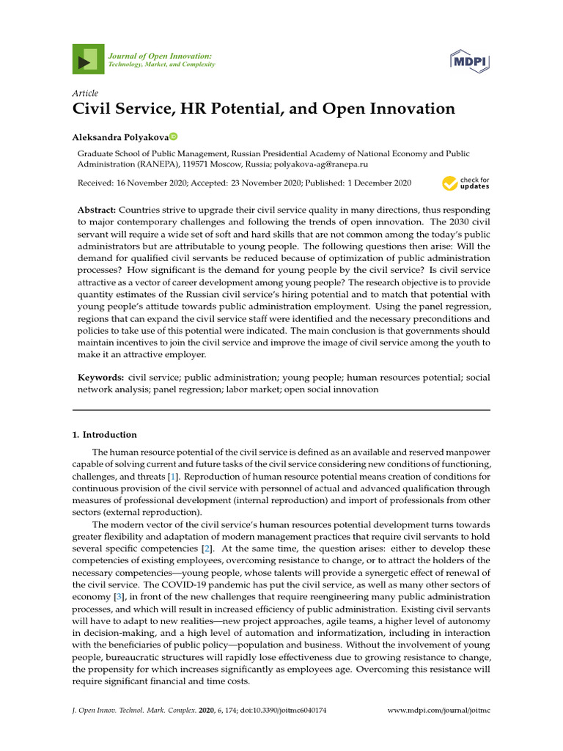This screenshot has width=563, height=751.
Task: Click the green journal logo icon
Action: (x=87, y=59)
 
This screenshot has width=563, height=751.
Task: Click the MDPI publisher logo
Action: (x=470, y=60)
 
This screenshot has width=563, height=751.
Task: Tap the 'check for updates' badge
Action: (x=466, y=183)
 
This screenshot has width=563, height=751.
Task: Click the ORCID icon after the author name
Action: (x=174, y=136)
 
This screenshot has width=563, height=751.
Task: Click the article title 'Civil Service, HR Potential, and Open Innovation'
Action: (x=263, y=109)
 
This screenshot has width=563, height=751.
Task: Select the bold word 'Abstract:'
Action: (x=97, y=210)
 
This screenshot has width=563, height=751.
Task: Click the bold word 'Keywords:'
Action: (x=100, y=378)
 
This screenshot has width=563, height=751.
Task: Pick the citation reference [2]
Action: (x=208, y=549)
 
